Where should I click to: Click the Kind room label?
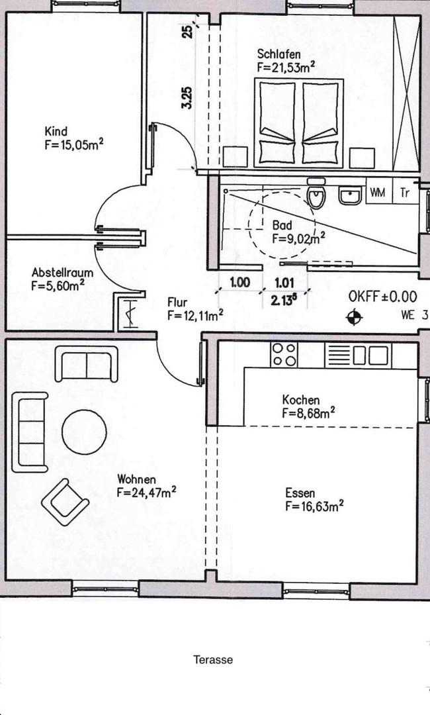click(x=56, y=132)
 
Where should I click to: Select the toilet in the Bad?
click(x=316, y=193)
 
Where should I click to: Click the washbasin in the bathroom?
click(x=350, y=195)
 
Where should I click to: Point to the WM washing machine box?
click(x=377, y=193)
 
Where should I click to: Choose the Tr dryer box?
click(x=405, y=193)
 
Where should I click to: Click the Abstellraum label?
click(x=62, y=273)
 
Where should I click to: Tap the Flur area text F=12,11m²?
click(x=195, y=315)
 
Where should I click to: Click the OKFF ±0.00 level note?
click(x=382, y=297)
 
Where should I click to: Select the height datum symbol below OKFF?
click(x=354, y=317)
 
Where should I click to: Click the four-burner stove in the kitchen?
click(x=284, y=355)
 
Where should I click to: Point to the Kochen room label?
click(x=300, y=400)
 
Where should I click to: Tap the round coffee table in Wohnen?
click(x=84, y=432)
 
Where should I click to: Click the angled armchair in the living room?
click(x=65, y=502)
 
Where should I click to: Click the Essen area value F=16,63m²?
click(x=314, y=506)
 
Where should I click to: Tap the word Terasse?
click(x=213, y=659)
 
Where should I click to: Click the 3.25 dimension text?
click(x=187, y=98)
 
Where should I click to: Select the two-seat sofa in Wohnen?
click(x=86, y=363)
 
